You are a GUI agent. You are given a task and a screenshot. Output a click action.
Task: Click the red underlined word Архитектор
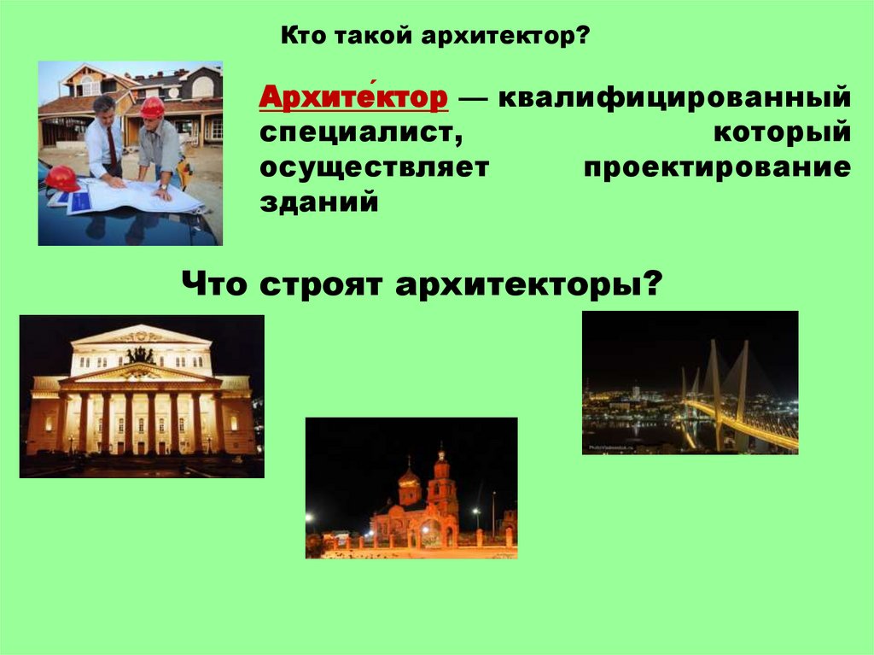click(x=353, y=97)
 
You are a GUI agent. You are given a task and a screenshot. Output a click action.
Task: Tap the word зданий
click(x=319, y=202)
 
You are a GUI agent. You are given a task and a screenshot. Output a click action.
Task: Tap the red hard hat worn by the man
click(x=152, y=108)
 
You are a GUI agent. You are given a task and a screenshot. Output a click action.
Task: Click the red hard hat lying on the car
click(x=62, y=178)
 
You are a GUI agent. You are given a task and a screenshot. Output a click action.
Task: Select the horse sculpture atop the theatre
click(x=141, y=355)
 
